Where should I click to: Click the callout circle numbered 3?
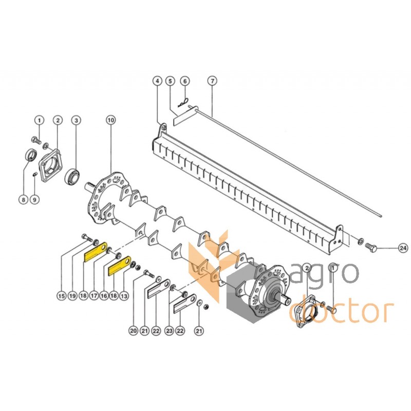(76, 120)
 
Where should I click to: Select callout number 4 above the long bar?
(157, 81)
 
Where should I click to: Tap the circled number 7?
(211, 81)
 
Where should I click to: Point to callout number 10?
(110, 120)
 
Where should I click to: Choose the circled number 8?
(23, 198)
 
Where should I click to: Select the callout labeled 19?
(72, 295)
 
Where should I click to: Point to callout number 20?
(134, 331)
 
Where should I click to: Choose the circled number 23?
(169, 331)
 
